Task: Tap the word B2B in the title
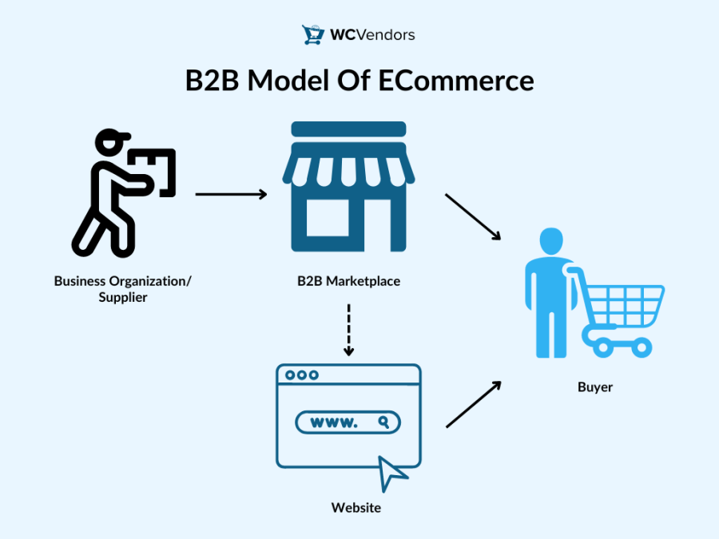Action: click(213, 81)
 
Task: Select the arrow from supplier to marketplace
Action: click(231, 194)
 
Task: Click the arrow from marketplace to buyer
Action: click(472, 216)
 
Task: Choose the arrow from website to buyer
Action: click(473, 404)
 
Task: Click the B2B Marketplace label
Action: click(348, 281)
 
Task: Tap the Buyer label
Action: click(595, 387)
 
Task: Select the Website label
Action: click(356, 508)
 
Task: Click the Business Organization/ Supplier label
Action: click(123, 289)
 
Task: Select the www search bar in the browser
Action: click(348, 422)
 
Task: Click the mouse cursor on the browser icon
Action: click(392, 473)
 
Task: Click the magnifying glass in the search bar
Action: click(384, 422)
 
